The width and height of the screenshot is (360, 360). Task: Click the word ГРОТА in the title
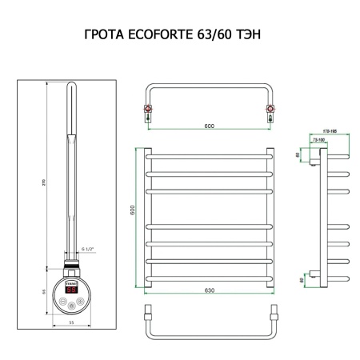104,36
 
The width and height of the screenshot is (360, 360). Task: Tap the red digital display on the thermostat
70,290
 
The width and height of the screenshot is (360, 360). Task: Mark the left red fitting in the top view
148,106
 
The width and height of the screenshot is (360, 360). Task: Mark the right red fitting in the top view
269,106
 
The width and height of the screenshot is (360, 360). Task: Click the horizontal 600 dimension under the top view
207,124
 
